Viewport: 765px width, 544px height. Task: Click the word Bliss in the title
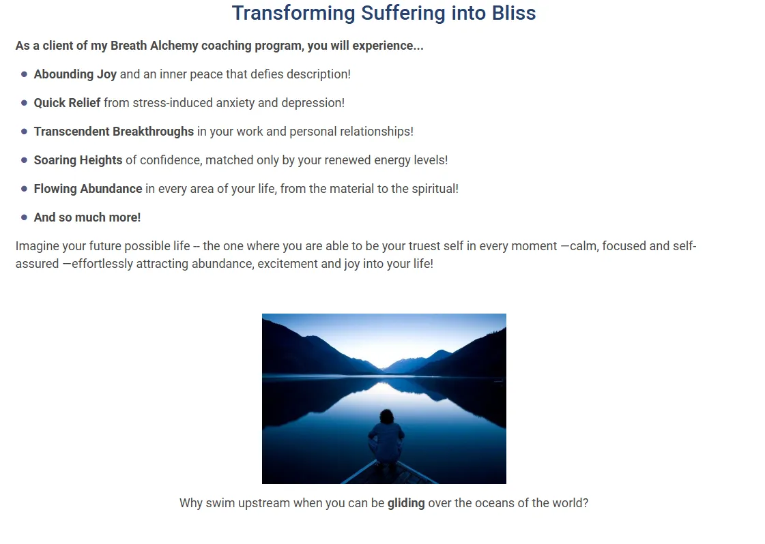tap(514, 13)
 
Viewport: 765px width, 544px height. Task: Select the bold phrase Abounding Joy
tap(75, 74)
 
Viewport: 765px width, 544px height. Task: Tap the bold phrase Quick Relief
tap(67, 103)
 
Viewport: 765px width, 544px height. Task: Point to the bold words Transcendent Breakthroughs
tap(114, 132)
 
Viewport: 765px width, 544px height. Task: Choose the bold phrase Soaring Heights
tap(78, 160)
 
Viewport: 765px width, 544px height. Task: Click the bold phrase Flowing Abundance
tap(88, 189)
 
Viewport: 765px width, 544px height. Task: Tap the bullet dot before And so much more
tap(24, 217)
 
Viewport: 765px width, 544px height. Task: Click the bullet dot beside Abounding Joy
tap(24, 74)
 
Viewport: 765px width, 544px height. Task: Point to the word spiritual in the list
tap(435, 189)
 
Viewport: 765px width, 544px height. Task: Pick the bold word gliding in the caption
tap(406, 504)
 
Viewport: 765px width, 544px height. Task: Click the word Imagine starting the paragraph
tap(37, 246)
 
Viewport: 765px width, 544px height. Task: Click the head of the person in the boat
tap(387, 417)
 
